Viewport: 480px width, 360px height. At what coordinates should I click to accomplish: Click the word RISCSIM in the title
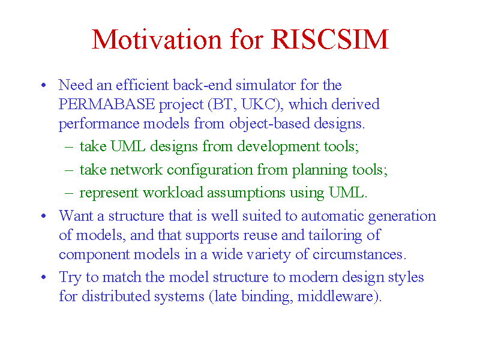(330, 39)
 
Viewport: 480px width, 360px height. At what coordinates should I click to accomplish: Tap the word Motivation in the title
(157, 39)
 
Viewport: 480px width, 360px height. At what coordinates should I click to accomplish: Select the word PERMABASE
(107, 104)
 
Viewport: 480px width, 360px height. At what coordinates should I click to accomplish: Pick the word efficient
(142, 85)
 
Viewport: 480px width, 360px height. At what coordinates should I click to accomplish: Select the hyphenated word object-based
(269, 124)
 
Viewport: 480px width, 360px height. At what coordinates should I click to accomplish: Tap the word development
(278, 146)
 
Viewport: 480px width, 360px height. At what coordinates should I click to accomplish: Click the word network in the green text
(136, 170)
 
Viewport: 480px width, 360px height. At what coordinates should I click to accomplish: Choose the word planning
(320, 170)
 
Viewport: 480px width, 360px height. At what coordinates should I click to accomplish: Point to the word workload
(173, 193)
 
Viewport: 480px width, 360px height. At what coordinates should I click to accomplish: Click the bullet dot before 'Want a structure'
(43, 216)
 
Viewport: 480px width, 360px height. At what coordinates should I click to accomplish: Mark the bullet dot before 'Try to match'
(43, 277)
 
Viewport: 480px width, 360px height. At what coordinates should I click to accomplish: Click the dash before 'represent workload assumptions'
(69, 193)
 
